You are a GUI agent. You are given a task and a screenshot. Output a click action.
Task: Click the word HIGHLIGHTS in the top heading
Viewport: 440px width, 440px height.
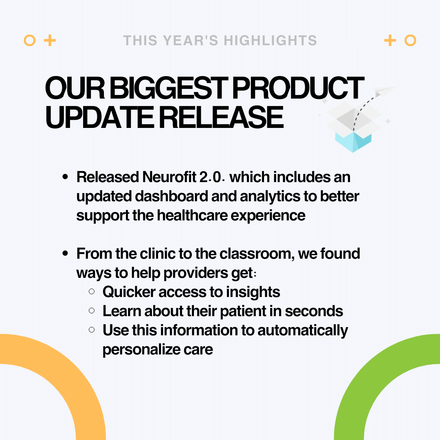(270, 41)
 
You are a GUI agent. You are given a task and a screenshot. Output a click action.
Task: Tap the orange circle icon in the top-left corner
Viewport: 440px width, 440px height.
(30, 41)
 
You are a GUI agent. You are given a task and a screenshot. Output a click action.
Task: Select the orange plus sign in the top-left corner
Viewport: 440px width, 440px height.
(50, 41)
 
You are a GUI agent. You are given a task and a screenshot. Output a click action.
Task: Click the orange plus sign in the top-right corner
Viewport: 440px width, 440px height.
(390, 41)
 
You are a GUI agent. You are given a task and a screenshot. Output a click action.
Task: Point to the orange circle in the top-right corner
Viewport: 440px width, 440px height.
(410, 41)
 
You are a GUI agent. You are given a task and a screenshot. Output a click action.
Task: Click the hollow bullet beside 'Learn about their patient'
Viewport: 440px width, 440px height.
(92, 311)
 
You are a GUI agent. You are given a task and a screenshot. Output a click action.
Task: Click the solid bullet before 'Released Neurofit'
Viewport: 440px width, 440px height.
(65, 178)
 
